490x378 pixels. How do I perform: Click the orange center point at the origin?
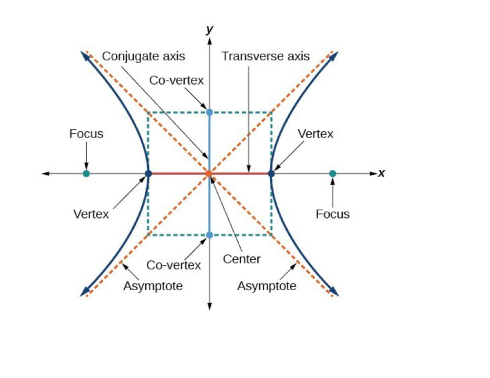tap(209, 173)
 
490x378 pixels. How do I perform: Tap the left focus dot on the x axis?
tap(86, 173)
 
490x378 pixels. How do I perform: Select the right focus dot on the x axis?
tap(333, 173)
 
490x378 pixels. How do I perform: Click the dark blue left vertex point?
tap(148, 173)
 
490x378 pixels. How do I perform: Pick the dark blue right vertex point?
tap(271, 173)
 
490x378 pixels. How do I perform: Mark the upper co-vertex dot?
tap(209, 112)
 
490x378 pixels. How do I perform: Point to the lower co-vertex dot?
tap(209, 235)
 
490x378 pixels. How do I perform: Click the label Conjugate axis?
tap(143, 56)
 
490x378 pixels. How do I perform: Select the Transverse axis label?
tap(265, 56)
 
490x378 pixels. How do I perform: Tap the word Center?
tap(242, 259)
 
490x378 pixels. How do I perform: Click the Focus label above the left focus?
tap(86, 134)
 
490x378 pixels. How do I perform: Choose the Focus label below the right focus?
tap(333, 214)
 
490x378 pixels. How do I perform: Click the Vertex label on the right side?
tap(315, 134)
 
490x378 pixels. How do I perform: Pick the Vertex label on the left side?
tap(91, 214)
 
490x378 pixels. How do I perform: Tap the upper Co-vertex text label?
tap(176, 81)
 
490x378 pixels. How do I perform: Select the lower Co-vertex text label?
tap(174, 265)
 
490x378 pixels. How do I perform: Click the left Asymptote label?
tap(153, 286)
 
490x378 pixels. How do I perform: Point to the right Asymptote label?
tap(267, 286)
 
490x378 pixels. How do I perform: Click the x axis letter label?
tap(381, 174)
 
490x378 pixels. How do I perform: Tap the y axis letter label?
tap(209, 29)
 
